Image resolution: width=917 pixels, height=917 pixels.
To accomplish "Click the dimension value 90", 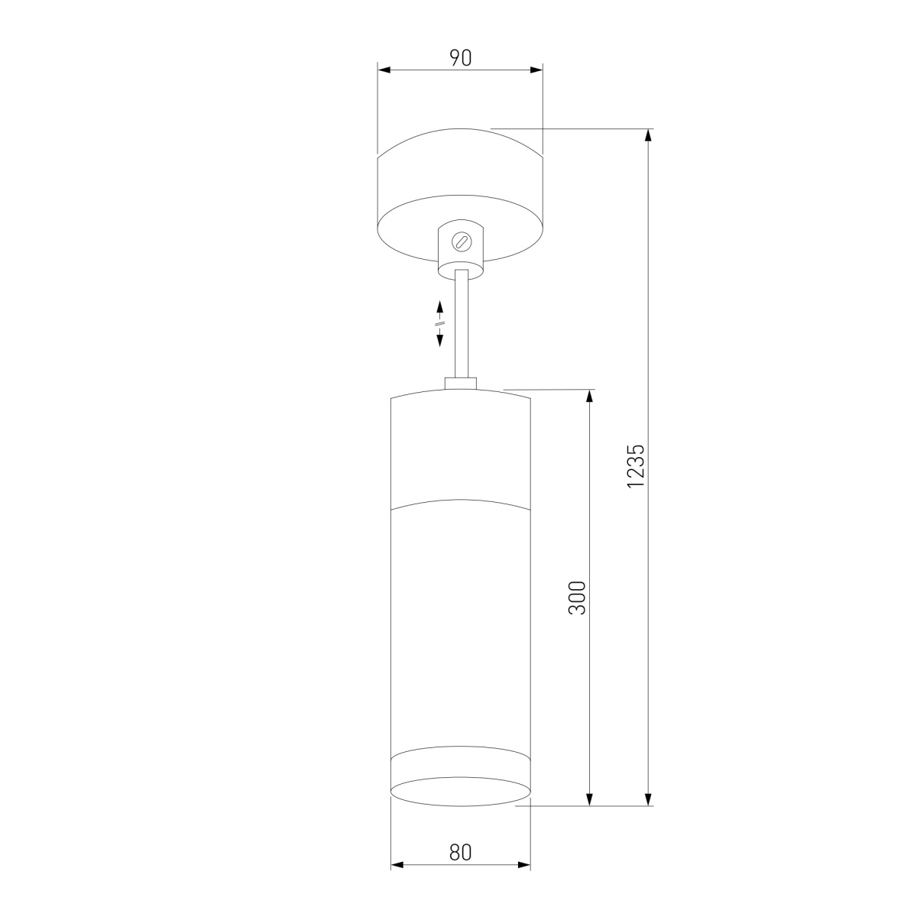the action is [460, 58].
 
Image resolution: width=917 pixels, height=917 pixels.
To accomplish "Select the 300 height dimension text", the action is [577, 598].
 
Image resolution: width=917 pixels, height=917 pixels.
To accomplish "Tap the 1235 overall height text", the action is [635, 466].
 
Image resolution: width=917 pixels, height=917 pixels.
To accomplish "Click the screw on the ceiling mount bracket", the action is [460, 241].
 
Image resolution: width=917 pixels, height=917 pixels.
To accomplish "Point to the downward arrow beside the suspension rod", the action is [440, 338].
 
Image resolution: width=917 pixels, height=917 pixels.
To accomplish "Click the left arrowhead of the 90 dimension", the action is [384, 70].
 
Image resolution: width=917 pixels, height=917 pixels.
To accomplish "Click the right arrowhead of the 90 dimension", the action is [536, 70].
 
